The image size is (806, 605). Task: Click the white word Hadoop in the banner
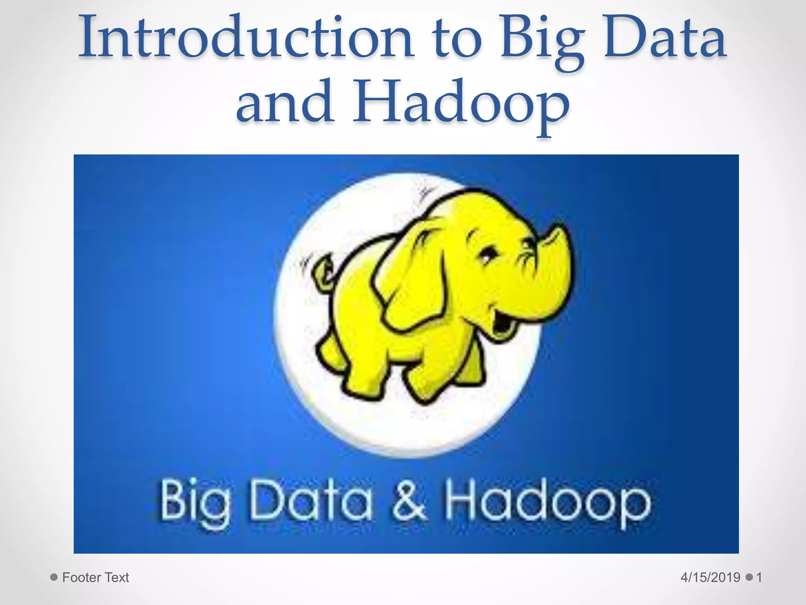547,502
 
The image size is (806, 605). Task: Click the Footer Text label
96,577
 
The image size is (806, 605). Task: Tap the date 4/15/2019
710,577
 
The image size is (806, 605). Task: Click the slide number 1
759,577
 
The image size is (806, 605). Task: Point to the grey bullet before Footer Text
54,577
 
